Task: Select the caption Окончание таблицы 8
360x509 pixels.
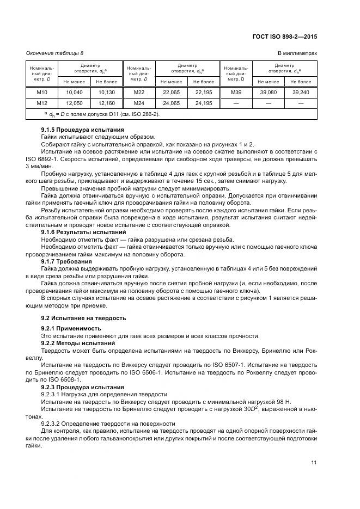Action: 55,53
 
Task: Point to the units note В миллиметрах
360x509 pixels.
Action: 298,53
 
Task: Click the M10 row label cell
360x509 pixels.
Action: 42,93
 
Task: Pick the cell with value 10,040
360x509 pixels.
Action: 74,93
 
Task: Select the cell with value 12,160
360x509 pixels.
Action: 106,103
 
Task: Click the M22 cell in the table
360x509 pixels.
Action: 139,93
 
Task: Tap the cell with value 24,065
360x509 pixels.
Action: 171,103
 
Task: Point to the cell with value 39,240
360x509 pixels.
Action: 301,93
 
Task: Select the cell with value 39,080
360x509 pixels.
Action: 268,93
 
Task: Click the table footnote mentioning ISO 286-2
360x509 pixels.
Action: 105,114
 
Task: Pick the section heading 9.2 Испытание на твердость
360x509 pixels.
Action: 84,317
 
